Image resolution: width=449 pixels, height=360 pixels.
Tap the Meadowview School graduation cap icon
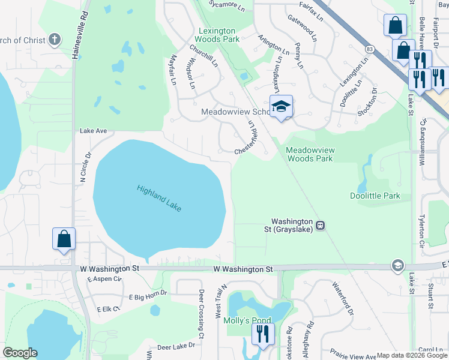click(x=281, y=106)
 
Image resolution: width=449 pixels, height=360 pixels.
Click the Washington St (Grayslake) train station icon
click(x=321, y=226)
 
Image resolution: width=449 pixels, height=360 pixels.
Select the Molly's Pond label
click(x=247, y=320)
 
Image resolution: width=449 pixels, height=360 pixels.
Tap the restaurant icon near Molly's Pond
click(x=263, y=334)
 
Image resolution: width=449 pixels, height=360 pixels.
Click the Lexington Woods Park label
click(x=219, y=35)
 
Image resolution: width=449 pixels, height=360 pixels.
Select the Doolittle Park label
click(x=375, y=196)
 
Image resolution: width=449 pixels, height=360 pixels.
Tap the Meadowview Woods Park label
click(x=309, y=154)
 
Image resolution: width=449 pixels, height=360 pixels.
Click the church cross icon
click(x=55, y=40)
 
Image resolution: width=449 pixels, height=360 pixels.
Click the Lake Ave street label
click(x=93, y=130)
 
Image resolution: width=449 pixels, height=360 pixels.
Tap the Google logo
click(x=20, y=353)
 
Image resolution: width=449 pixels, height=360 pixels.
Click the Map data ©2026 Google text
click(x=412, y=355)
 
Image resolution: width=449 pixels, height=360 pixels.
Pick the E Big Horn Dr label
click(x=148, y=296)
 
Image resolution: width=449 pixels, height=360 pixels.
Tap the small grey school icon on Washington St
click(x=397, y=265)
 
